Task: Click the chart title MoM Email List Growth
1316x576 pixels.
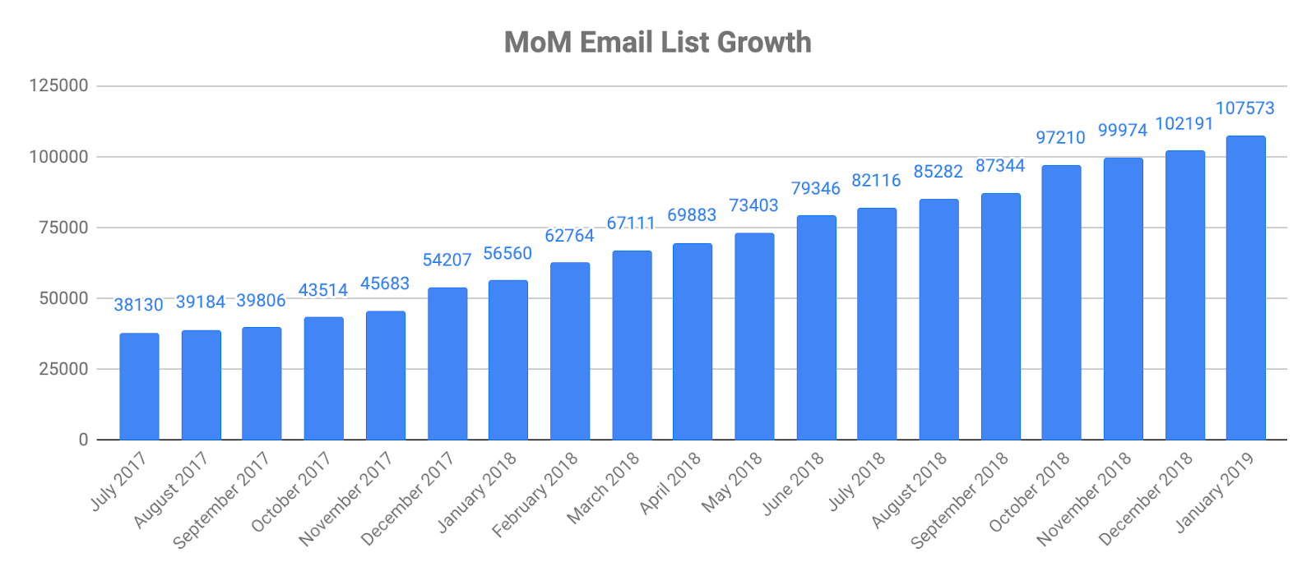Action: [657, 43]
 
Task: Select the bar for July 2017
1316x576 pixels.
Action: [139, 386]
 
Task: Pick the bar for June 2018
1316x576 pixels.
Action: [816, 328]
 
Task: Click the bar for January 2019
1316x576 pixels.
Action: [1245, 288]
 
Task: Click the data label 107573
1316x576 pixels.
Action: [1244, 108]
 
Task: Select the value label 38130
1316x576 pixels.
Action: [138, 305]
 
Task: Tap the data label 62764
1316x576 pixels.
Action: [569, 236]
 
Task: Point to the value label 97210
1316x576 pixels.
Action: [1060, 137]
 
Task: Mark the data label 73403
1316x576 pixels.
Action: [753, 205]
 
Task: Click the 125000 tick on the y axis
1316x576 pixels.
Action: [58, 85]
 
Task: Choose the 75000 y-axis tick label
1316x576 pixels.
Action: [63, 228]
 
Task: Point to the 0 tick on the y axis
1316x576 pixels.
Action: [83, 440]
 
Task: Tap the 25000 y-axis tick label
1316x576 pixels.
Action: [63, 369]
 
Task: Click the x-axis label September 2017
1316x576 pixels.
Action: [221, 500]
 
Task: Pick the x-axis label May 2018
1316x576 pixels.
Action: [732, 482]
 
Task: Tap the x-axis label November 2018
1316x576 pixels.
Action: [1084, 498]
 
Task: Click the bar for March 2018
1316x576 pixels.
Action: [632, 345]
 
